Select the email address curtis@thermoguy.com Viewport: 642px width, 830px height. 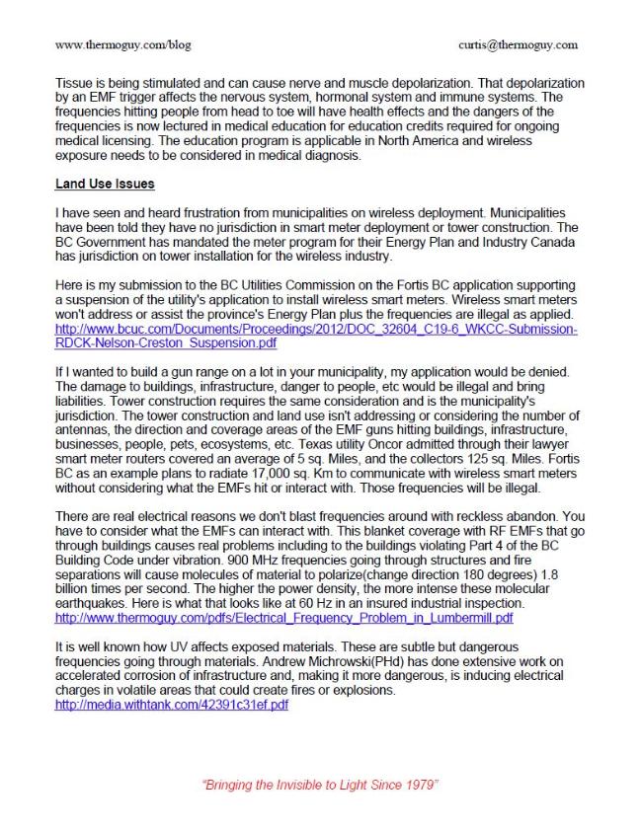519,44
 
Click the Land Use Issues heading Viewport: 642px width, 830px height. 104,185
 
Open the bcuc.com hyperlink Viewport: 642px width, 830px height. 316,330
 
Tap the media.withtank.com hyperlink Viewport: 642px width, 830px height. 172,706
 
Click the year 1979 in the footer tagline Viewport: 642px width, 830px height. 422,784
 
